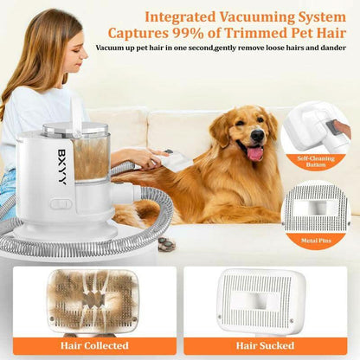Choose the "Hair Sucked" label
click(x=272, y=346)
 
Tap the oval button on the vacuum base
click(x=61, y=206)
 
